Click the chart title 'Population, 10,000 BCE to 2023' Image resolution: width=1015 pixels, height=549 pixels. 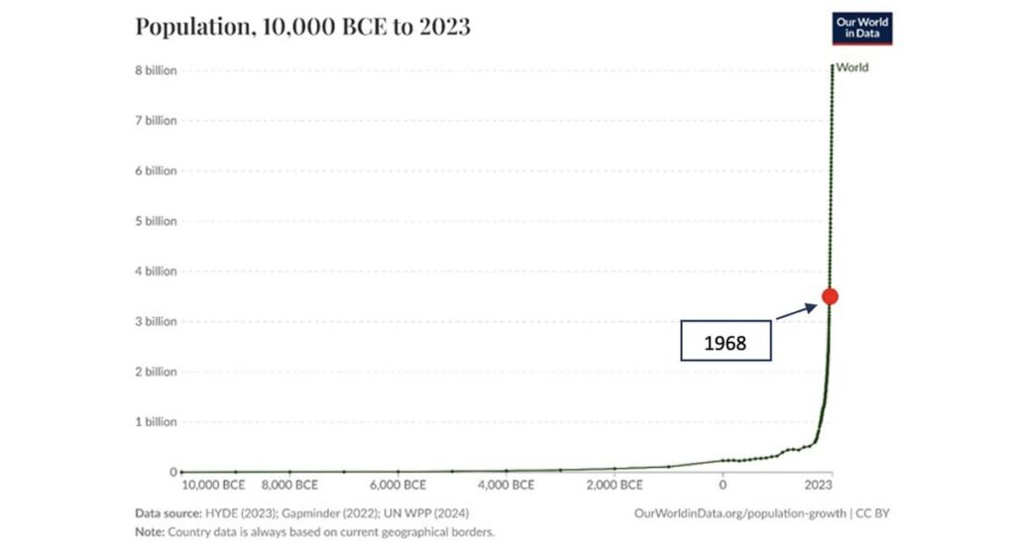tap(302, 27)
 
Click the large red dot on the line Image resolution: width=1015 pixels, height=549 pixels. tap(830, 296)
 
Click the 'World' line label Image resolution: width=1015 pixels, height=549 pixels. tap(852, 67)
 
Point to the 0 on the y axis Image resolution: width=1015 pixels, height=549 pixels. tap(172, 472)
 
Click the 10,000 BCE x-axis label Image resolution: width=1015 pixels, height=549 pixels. tap(213, 486)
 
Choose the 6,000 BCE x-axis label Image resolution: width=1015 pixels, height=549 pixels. tap(397, 486)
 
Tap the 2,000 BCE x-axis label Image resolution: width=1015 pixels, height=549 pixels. tap(615, 486)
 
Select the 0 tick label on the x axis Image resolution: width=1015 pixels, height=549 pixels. tap(723, 486)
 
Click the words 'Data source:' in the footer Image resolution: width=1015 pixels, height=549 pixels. tap(168, 513)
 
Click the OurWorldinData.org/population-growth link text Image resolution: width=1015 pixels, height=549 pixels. tap(739, 513)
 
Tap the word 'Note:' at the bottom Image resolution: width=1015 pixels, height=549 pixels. tap(151, 532)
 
